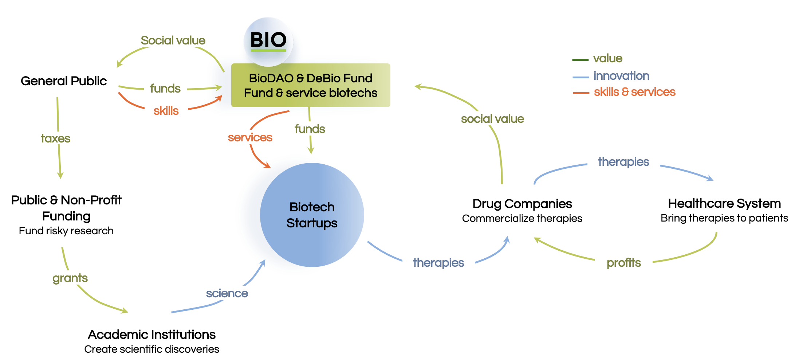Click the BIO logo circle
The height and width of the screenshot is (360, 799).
click(268, 41)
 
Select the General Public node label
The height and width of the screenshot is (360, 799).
click(64, 81)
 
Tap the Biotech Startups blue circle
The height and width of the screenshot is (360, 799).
click(312, 215)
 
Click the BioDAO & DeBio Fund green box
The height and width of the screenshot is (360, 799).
click(311, 86)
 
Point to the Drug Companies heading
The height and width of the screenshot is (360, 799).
click(522, 204)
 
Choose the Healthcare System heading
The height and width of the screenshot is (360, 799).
click(724, 203)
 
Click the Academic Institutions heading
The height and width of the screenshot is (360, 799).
click(151, 334)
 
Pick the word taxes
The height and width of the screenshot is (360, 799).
click(55, 138)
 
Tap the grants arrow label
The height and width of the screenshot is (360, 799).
click(70, 278)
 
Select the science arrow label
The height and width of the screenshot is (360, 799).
click(227, 293)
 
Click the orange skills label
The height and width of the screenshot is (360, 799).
click(166, 111)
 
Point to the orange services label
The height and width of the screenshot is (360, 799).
click(250, 137)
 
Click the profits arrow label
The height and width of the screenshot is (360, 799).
click(623, 263)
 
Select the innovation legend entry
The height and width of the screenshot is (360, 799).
click(621, 76)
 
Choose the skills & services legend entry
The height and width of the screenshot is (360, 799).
click(634, 92)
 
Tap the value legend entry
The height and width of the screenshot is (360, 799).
click(607, 58)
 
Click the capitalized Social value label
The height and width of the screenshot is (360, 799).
click(173, 40)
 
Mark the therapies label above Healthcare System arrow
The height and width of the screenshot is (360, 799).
click(623, 162)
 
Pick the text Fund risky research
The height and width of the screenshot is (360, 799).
click(66, 231)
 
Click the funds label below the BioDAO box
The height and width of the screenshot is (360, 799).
click(310, 129)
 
